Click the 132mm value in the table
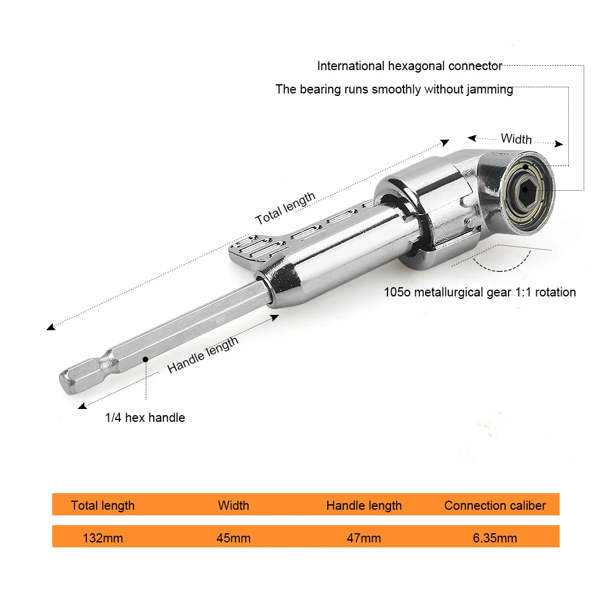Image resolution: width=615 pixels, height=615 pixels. pos(103,538)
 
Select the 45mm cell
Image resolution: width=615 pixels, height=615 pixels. pos(233,538)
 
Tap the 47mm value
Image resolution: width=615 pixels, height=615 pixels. pos(363,538)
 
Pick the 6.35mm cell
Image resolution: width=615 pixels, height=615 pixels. pos(494,538)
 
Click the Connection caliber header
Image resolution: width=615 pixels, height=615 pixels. pos(494,506)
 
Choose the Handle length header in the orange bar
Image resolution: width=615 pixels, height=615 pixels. pos(363,506)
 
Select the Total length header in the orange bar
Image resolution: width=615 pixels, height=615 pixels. pos(103,506)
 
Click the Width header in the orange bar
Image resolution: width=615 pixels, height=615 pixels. pos(233,506)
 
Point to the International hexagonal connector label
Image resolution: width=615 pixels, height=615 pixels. pos(410,66)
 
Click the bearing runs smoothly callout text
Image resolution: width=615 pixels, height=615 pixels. pos(394,89)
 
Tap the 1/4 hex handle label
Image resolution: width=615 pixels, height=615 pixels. pos(145,418)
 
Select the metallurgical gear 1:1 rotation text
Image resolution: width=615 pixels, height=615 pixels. pos(480,292)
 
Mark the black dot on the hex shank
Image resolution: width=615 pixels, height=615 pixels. pos(146,359)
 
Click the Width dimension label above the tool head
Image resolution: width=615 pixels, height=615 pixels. pos(516,138)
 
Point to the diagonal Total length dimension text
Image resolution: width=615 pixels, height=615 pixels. pos(285,208)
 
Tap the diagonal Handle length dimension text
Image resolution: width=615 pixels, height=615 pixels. pos(202,355)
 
